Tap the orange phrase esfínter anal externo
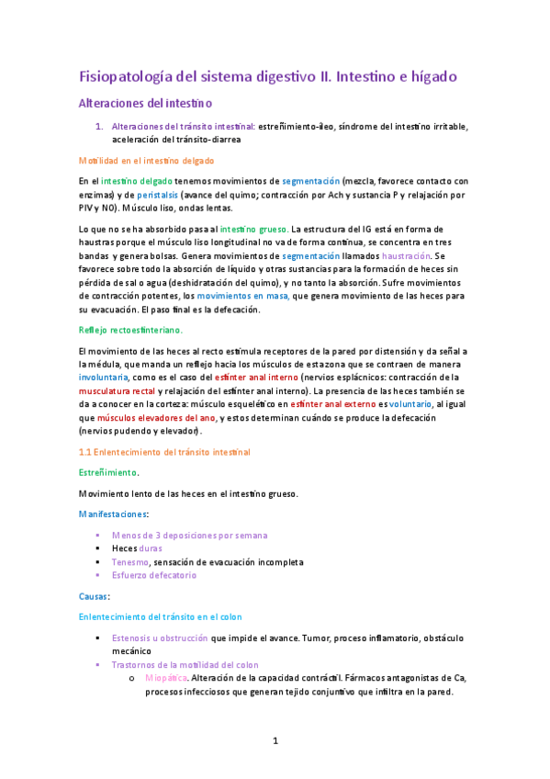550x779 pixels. tap(354, 403)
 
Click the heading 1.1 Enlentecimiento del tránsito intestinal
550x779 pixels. tap(165, 452)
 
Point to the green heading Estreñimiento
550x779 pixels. tap(108, 472)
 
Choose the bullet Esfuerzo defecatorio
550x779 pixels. tap(154, 575)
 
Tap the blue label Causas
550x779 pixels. tap(95, 596)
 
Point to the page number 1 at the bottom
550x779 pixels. tap(275, 739)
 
